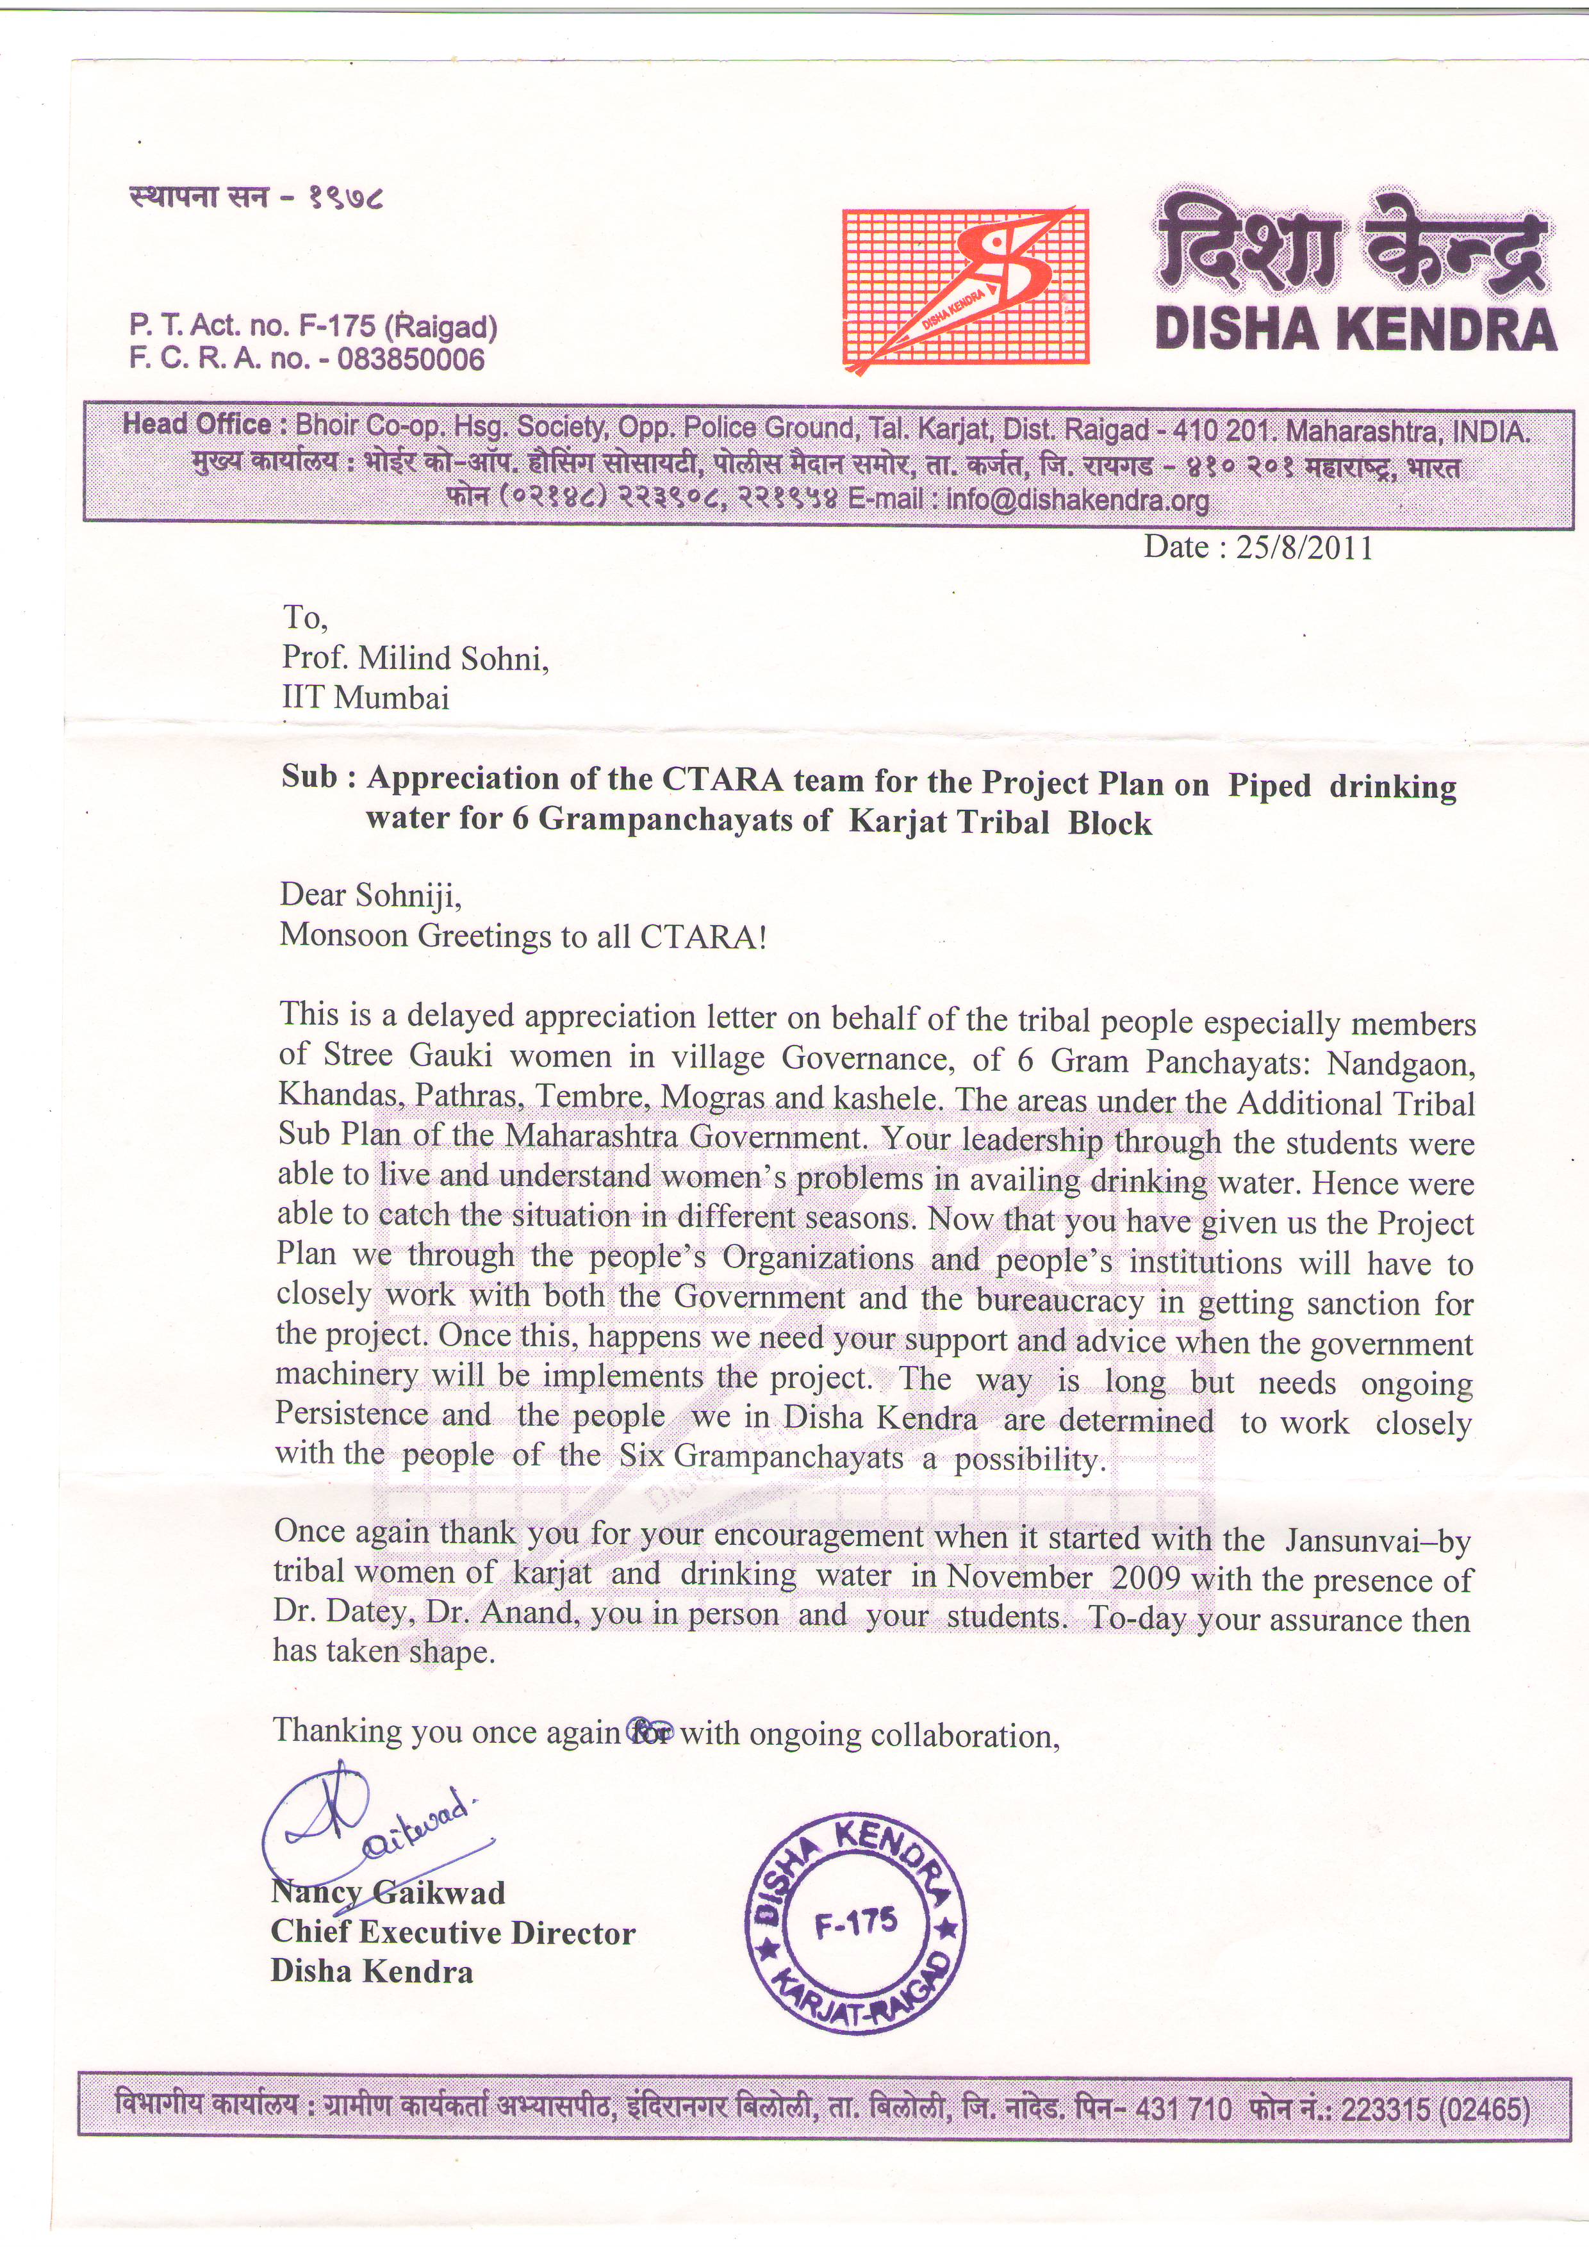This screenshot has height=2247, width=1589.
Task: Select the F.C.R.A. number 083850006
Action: (x=410, y=360)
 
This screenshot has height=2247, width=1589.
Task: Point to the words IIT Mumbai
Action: (x=366, y=698)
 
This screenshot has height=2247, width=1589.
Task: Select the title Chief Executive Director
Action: (x=453, y=1933)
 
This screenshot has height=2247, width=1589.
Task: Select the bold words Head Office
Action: (x=195, y=425)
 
